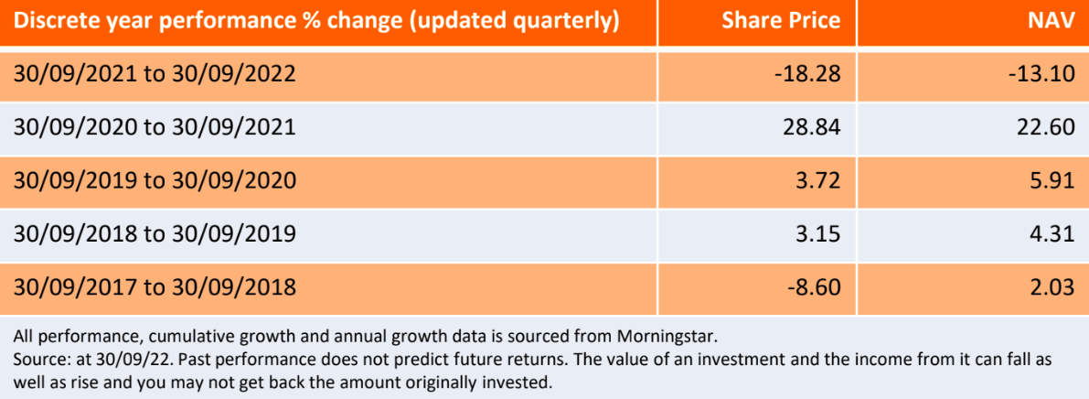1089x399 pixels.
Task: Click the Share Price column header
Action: [782, 22]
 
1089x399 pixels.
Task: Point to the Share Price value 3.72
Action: [816, 180]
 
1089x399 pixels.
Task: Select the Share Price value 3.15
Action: [816, 233]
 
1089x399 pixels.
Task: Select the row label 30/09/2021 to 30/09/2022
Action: [155, 74]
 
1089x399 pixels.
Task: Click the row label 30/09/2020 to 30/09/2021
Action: [155, 128]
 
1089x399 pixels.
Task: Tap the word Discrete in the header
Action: [55, 22]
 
